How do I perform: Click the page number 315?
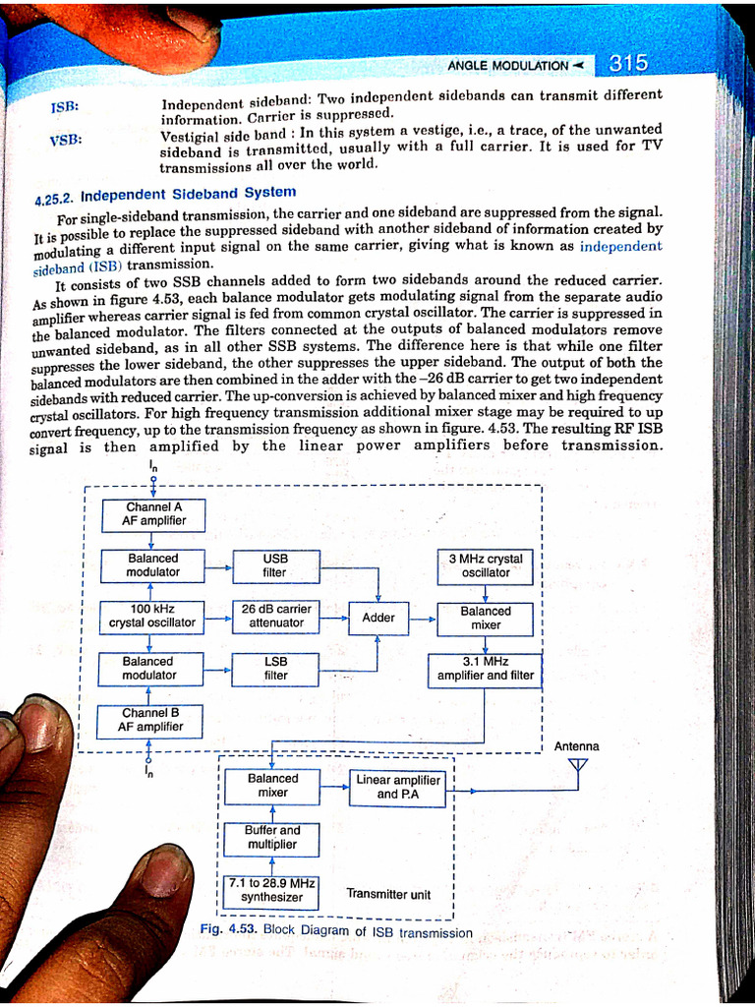628,63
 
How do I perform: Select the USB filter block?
274,565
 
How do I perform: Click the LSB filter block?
275,669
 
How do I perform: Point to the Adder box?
378,618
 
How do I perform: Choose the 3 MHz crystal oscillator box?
486,565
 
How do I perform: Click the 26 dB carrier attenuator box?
275,617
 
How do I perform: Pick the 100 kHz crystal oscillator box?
152,617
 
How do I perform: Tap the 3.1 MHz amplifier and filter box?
485,669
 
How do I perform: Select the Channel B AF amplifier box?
151,721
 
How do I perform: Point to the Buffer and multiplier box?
272,838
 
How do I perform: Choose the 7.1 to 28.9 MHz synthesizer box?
265,891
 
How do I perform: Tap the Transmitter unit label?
388,895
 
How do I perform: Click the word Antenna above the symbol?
576,746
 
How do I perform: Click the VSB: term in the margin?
65,140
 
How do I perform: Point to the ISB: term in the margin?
65,106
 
